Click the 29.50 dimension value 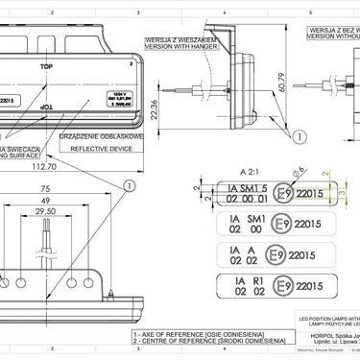(x=45, y=212)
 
